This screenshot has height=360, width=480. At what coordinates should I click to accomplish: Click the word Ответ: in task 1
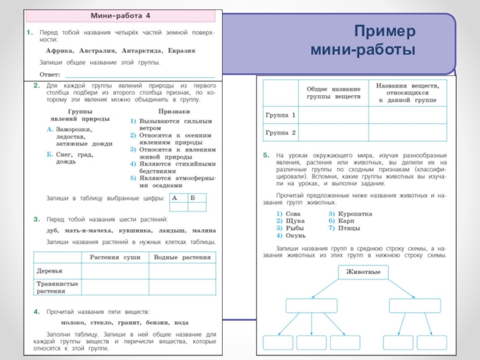point(50,74)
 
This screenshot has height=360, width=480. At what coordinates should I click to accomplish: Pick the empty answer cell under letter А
point(178,206)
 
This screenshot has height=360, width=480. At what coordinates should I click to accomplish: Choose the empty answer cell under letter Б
point(197,206)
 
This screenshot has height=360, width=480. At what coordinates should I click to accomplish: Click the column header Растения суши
point(115,257)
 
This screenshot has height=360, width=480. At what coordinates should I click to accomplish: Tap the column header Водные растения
point(182,257)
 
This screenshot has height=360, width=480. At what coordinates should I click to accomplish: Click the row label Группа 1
point(280,114)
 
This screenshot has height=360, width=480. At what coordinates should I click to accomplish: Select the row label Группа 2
point(280,132)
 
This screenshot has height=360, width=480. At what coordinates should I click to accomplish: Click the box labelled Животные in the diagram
point(363,273)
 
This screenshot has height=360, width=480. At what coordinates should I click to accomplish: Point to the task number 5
point(266,155)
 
